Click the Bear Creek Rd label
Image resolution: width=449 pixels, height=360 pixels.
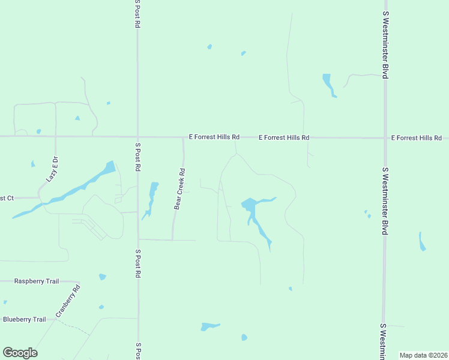point(179,188)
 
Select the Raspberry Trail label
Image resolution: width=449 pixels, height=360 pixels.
point(37,281)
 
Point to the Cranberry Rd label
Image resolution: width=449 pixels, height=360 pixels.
point(68,301)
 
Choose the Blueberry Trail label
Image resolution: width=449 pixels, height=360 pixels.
point(24,319)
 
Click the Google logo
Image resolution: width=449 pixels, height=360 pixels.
point(20,353)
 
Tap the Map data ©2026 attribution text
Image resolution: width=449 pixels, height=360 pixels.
point(423,355)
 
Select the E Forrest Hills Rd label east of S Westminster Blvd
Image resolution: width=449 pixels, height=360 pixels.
point(416,138)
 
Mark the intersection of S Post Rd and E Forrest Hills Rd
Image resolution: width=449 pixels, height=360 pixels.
point(137,137)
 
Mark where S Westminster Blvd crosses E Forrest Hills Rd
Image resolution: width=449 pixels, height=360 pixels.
point(385,138)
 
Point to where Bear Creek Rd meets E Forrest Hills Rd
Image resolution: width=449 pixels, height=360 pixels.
point(183,137)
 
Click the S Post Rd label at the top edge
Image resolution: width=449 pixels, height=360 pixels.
point(137,14)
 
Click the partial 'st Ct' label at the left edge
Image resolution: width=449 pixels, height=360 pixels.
point(7,198)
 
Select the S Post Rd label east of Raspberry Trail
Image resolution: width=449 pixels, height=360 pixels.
point(137,263)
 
